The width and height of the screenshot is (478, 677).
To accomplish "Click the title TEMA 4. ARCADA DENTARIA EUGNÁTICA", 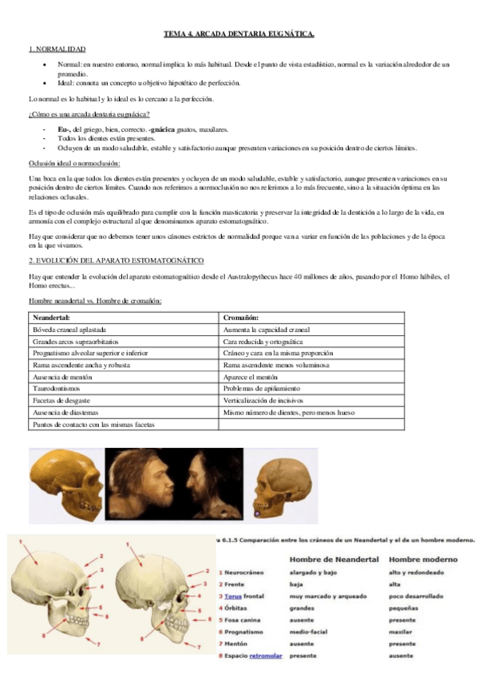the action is (239, 34).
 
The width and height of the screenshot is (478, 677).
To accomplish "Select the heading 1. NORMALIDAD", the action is (57, 49).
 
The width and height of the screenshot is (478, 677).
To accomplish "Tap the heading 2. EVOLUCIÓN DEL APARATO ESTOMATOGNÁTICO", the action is (117, 261).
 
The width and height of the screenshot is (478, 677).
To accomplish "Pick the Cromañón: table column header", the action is (241, 318).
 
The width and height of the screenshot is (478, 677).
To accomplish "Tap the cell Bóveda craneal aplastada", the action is (70, 329).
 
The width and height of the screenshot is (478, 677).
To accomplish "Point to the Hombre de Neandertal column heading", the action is (332, 560).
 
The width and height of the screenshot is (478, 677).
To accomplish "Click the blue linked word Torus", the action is (234, 596).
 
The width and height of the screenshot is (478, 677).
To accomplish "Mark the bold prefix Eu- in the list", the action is (65, 129).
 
